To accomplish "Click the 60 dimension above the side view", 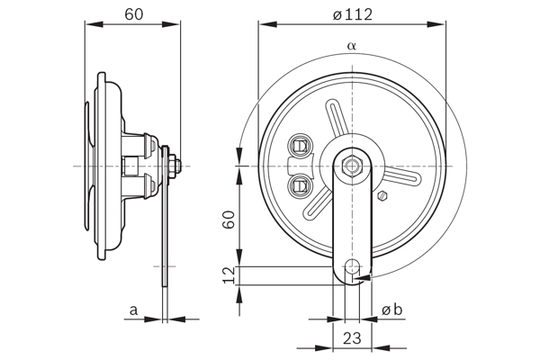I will [x=133, y=14].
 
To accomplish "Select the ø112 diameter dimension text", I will [x=353, y=13].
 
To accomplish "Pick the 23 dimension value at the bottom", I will [x=352, y=339].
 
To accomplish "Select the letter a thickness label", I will [x=133, y=310].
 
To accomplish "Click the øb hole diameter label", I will [x=392, y=310].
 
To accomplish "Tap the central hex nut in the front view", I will [x=352, y=166].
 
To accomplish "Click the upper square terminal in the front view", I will [x=301, y=144].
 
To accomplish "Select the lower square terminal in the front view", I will [x=301, y=186].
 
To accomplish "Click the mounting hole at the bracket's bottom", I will [x=352, y=267].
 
